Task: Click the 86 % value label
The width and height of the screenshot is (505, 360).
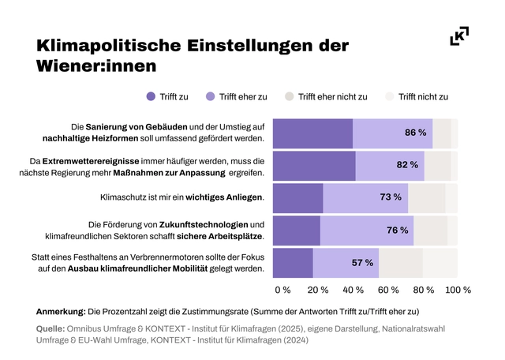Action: tap(416, 133)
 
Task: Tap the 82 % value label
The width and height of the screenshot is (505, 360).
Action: tap(407, 165)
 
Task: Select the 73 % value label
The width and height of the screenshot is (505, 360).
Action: tap(391, 197)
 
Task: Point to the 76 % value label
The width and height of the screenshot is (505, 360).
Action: tap(397, 230)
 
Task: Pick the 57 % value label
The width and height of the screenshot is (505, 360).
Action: tap(362, 262)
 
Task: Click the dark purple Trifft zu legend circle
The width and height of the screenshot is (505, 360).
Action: tap(151, 97)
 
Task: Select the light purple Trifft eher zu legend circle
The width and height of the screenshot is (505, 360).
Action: tap(209, 97)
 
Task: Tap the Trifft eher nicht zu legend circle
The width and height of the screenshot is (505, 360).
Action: tap(290, 97)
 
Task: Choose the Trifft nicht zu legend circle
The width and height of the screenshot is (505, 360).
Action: tap(388, 97)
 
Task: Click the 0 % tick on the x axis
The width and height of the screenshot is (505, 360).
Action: tap(282, 290)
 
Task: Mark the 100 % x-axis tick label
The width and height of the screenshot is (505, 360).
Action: tap(458, 290)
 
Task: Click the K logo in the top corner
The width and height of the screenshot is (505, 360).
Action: tap(459, 36)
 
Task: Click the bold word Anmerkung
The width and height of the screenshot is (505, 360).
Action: tap(60, 311)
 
